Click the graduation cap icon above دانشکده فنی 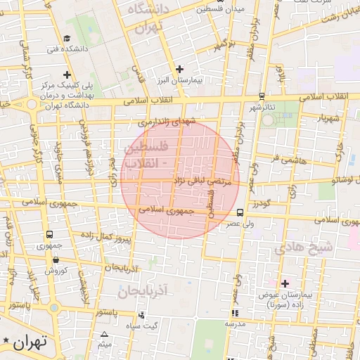(x=67, y=38)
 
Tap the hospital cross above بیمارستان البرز (x=180, y=69)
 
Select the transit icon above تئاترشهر (x=262, y=96)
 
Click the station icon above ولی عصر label (x=240, y=212)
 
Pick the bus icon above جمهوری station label (x=49, y=235)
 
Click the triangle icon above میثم (x=105, y=334)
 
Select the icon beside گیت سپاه (x=142, y=316)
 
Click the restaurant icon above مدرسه (x=235, y=312)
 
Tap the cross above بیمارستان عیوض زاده (x=284, y=283)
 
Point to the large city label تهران (x=30, y=342)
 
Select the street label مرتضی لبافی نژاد (x=200, y=181)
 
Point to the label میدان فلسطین (x=203, y=10)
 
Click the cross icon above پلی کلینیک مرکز (x=67, y=74)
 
